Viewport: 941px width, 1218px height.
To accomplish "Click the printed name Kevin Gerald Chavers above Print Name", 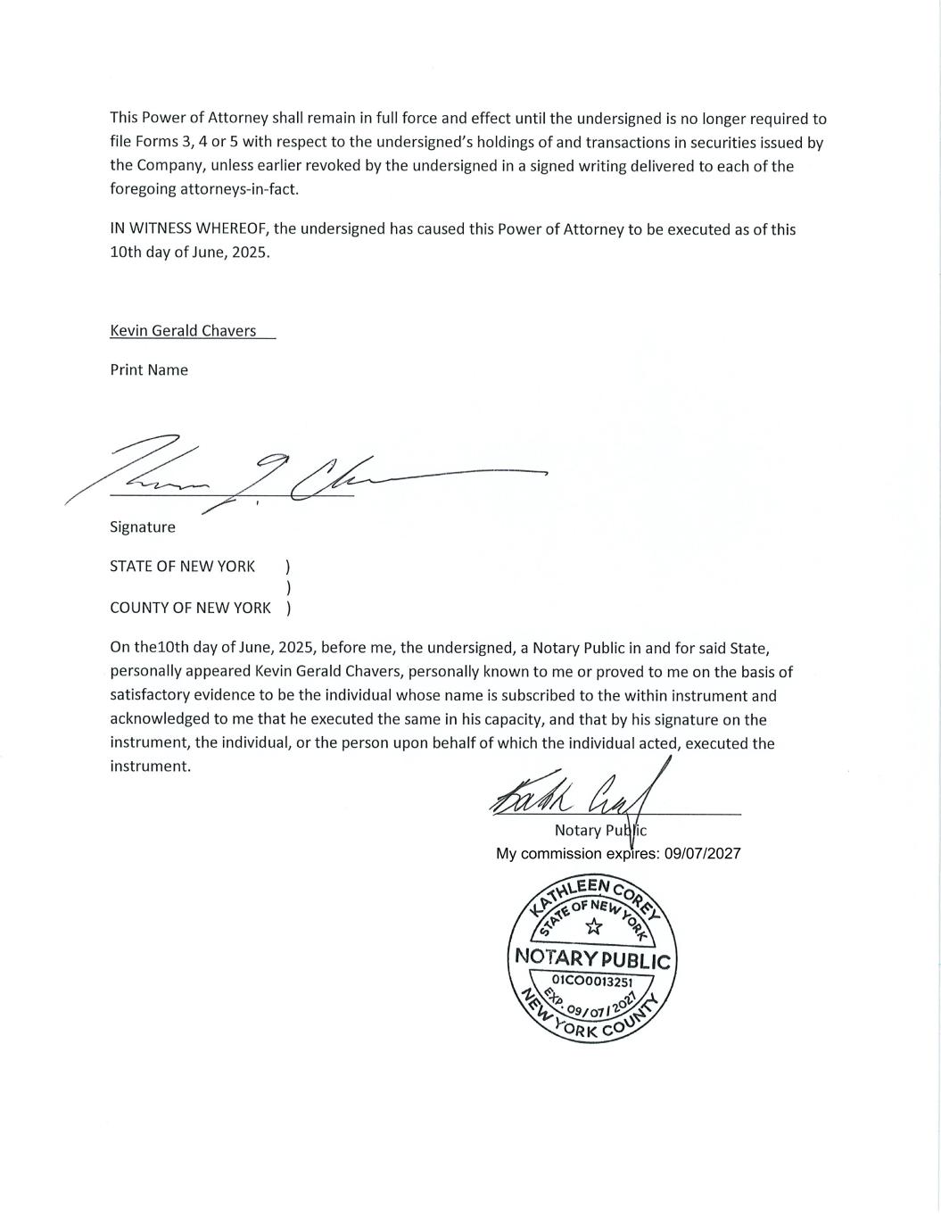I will click(x=183, y=330).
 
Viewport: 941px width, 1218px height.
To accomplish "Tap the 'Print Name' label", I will click(x=149, y=369).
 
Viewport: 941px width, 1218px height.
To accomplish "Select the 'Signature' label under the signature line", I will click(x=143, y=526).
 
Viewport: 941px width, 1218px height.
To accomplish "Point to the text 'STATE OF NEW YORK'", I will click(x=182, y=566).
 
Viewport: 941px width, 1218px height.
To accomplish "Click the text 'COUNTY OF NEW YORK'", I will click(x=190, y=608).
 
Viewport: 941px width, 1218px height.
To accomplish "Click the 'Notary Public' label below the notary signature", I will click(x=600, y=830).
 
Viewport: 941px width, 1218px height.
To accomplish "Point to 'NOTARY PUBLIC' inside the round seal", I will click(x=592, y=959).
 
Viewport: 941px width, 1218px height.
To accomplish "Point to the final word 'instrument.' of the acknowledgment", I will click(x=150, y=766).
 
